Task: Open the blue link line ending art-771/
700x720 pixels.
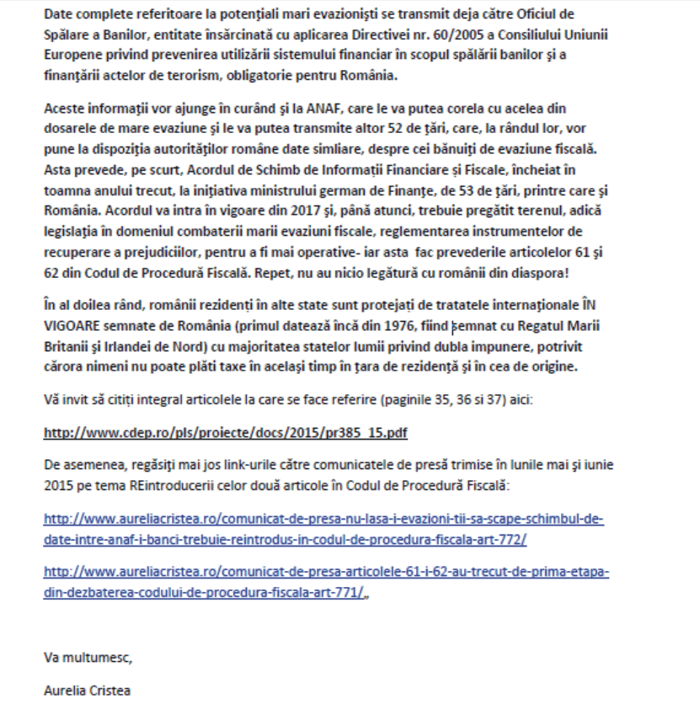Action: point(206,591)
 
